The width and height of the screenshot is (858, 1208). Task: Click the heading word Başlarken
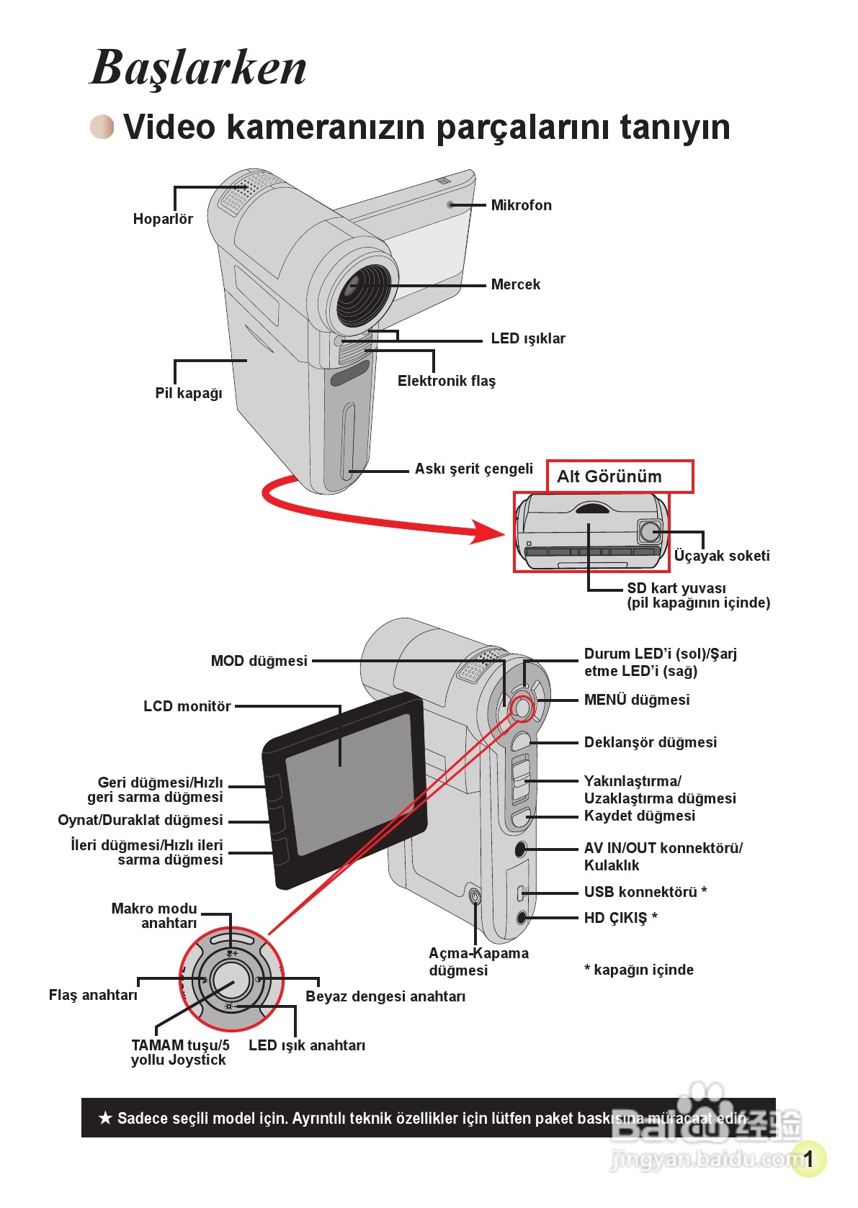coord(198,68)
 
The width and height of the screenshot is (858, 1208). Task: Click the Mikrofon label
coord(522,205)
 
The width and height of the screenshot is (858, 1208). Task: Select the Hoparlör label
coord(163,219)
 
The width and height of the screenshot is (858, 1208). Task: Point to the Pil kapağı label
coord(188,393)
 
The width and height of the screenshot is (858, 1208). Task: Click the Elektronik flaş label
coord(446,381)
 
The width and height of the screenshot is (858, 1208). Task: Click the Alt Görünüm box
coord(620,476)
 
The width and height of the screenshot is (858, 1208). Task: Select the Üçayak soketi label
coord(722,556)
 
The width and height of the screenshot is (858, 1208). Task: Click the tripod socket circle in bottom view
coord(650,531)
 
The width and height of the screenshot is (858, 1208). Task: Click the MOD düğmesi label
coord(259,661)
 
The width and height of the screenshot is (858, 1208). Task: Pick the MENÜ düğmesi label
coord(637,700)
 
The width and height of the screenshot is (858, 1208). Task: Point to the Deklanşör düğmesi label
coord(651,743)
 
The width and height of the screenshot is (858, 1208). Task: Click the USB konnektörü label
coord(645,892)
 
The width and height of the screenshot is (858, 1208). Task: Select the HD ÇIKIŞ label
coord(620,918)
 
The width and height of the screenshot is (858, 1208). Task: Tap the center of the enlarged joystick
coord(231,980)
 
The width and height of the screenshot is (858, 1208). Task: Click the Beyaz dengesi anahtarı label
coord(385,996)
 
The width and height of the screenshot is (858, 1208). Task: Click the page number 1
coord(808,1158)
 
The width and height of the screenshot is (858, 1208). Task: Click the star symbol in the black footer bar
coord(105,1118)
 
